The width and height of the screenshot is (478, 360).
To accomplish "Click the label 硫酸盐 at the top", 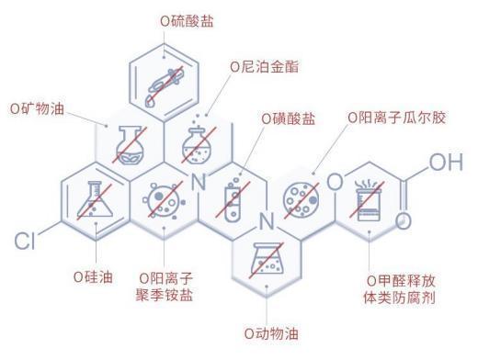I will [189, 19].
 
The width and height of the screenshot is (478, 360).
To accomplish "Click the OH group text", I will [446, 163].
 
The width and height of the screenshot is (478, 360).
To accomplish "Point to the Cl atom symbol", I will [24, 242].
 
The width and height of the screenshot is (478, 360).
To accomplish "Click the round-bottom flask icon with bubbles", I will [197, 141].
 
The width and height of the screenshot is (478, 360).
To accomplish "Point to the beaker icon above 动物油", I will [267, 258].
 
